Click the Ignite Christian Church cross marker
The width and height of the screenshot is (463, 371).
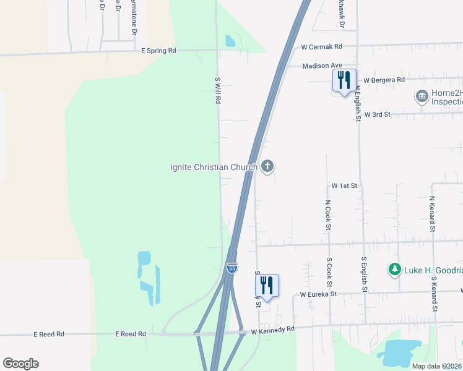[267, 166]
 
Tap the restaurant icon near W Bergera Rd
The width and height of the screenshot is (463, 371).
[344, 80]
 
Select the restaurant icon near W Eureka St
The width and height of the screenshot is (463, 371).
[267, 285]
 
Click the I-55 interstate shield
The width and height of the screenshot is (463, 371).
[232, 267]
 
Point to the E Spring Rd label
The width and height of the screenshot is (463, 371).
[158, 50]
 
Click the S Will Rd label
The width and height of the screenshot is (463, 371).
[217, 90]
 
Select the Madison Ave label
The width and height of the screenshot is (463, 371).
[322, 66]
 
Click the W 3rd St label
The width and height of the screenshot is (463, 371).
[378, 114]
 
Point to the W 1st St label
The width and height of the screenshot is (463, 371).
[345, 185]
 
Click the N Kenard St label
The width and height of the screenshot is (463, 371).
[432, 215]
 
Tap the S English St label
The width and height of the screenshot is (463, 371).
[365, 275]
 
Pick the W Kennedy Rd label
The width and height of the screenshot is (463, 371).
[272, 331]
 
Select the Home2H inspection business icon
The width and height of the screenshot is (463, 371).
[422, 96]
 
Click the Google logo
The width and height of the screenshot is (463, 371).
[20, 364]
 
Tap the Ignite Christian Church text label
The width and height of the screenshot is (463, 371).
[214, 167]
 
